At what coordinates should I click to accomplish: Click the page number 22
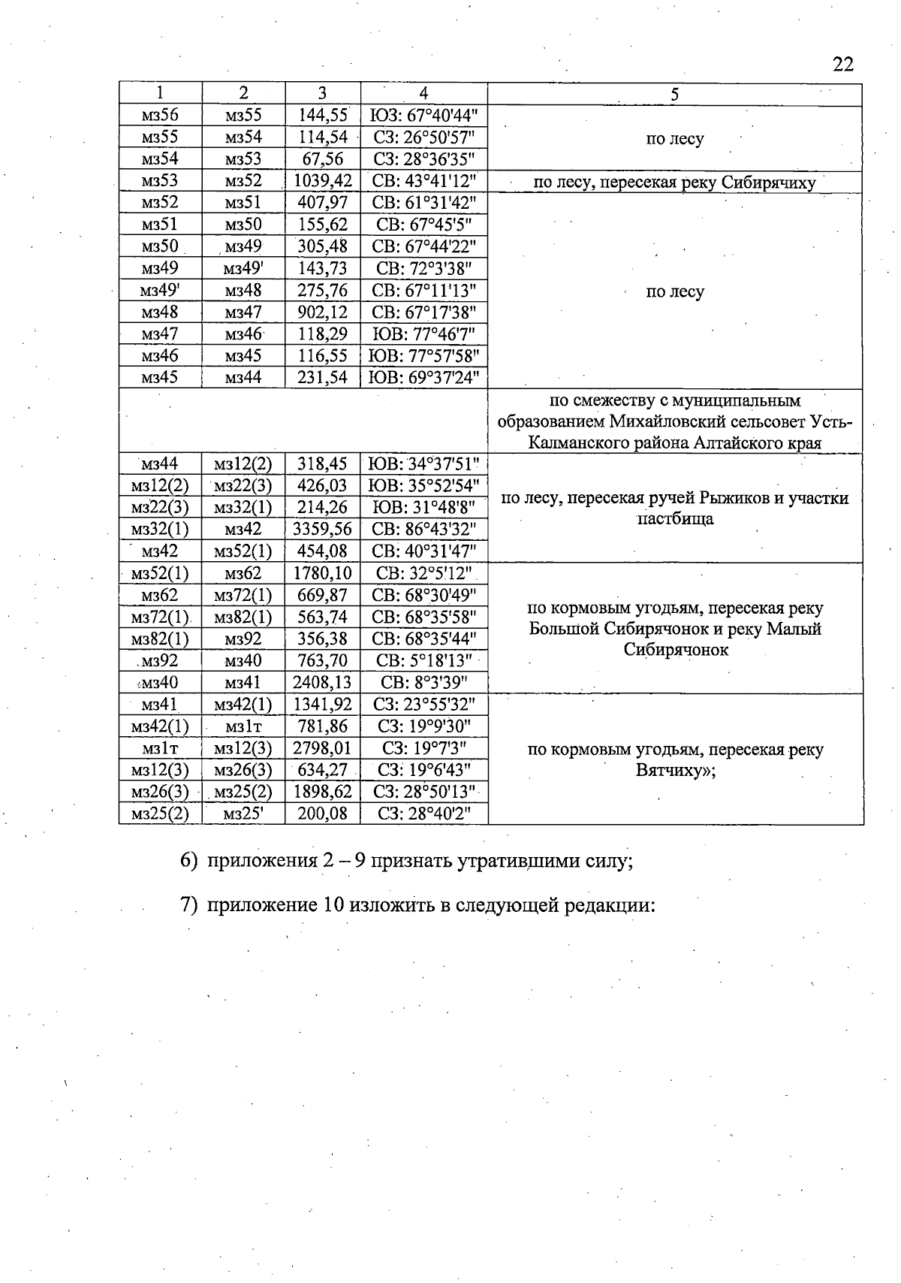(842, 65)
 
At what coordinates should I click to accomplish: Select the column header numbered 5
(674, 94)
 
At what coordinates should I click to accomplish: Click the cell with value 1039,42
(323, 181)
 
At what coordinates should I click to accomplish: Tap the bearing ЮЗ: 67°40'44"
(424, 116)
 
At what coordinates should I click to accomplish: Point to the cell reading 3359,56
(323, 530)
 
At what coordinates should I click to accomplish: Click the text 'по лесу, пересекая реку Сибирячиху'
(674, 183)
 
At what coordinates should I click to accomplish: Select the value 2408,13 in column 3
(323, 682)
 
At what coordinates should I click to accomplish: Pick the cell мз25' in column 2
(243, 814)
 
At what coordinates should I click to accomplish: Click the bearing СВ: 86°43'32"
(424, 530)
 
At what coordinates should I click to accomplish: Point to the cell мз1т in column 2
(243, 726)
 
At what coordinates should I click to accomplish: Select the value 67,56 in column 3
(323, 159)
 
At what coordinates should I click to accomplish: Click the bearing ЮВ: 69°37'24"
(424, 377)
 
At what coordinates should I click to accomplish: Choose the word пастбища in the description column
(674, 519)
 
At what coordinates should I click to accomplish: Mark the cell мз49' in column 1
(160, 290)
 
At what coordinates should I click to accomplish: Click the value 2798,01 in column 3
(323, 748)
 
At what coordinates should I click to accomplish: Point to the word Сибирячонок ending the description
(675, 650)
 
